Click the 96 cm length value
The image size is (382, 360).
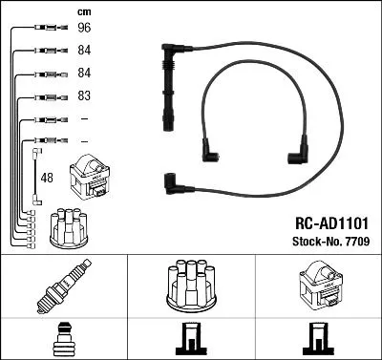point(83,28)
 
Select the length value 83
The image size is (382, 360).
point(83,96)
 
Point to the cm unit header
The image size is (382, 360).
point(83,11)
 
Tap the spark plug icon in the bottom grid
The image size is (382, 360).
point(63,287)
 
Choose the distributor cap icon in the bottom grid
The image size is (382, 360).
point(191,286)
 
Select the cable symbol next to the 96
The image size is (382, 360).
point(47,28)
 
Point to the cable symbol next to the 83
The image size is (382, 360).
point(47,96)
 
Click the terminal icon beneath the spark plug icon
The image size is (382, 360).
point(63,341)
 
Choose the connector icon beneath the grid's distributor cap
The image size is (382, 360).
point(191,341)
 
